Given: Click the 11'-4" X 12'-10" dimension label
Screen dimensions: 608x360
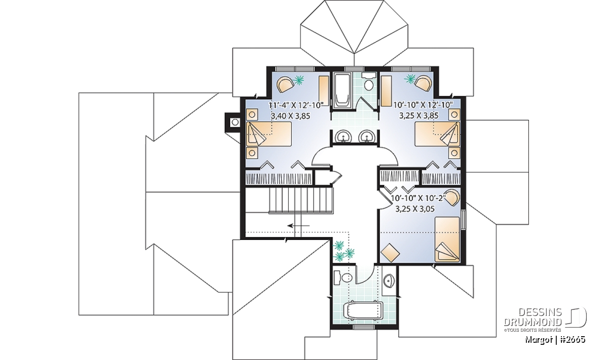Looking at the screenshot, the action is click(x=297, y=105).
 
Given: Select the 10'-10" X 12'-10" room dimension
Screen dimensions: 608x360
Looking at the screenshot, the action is click(x=423, y=105).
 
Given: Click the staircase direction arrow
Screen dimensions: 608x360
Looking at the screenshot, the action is click(x=298, y=225).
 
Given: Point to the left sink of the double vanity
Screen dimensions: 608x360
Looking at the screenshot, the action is click(x=343, y=136).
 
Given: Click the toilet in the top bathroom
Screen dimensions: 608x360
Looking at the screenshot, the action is click(x=369, y=82).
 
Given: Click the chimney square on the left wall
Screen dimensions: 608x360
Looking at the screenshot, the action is click(x=235, y=123).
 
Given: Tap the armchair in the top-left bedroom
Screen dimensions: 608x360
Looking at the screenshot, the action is click(x=285, y=85).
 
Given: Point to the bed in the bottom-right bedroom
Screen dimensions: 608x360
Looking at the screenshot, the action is click(x=447, y=239).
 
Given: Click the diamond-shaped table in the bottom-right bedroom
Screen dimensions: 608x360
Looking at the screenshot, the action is click(x=390, y=253).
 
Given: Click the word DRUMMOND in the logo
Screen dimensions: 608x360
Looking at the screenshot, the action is click(x=533, y=322).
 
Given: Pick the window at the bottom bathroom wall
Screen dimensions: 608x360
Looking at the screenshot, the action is click(x=365, y=327).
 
